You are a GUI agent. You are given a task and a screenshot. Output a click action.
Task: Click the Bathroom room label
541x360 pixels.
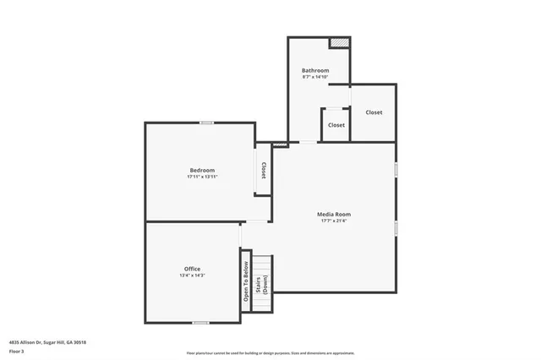(314, 70)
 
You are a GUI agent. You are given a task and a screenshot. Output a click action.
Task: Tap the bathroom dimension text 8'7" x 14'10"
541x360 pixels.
(314, 77)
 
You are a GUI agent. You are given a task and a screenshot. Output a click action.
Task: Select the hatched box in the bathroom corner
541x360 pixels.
(339, 42)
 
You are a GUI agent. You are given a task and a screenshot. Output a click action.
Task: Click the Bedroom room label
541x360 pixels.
(202, 171)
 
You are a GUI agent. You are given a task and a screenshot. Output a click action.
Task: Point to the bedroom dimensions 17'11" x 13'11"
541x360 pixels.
(202, 177)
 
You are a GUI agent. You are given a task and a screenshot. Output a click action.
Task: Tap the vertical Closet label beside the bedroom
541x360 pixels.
(263, 171)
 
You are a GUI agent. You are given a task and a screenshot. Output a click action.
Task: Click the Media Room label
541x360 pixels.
(334, 215)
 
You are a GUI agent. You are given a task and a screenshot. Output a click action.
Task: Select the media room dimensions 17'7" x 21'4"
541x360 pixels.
(334, 221)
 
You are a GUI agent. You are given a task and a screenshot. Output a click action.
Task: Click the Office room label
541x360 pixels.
(192, 269)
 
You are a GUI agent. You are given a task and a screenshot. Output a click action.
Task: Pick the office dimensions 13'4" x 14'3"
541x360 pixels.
(192, 275)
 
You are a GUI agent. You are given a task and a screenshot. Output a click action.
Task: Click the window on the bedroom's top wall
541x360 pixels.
(205, 123)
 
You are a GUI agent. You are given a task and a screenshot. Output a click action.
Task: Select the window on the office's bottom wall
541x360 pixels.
(200, 323)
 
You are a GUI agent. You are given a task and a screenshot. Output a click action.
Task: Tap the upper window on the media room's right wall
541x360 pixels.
(395, 169)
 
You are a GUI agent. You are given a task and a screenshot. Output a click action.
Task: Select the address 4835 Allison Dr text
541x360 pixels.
(47, 342)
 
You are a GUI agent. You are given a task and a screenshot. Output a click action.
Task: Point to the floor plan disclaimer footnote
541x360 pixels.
(270, 353)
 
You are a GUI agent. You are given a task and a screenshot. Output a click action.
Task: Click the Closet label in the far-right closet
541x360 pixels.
(373, 112)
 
